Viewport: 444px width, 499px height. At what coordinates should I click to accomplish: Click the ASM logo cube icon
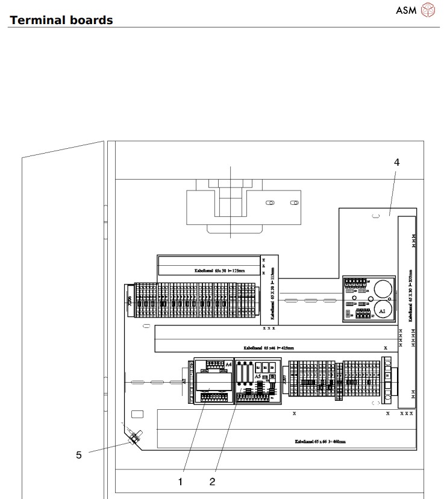click(427, 10)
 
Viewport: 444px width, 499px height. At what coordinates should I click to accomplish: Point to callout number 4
click(396, 162)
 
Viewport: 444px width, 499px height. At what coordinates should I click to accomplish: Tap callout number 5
click(78, 455)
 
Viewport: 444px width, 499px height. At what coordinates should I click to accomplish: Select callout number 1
click(180, 481)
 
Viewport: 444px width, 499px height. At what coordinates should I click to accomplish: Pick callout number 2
click(212, 481)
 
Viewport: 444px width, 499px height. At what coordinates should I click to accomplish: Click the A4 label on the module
click(228, 365)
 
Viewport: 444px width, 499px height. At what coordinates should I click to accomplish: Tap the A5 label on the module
click(257, 376)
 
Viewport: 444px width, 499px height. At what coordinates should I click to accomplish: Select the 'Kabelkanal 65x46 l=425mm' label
click(268, 348)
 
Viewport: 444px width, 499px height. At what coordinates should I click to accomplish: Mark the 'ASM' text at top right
click(405, 10)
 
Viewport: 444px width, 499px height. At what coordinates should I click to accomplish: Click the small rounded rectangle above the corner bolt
click(137, 414)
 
